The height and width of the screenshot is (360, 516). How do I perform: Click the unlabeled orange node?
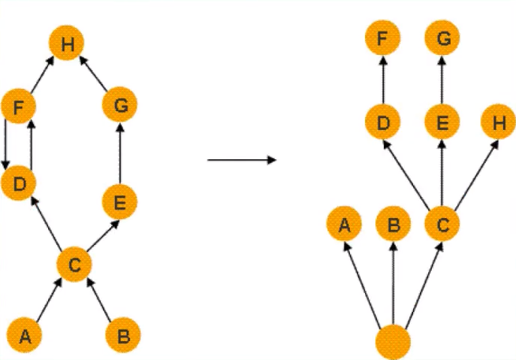click(393, 342)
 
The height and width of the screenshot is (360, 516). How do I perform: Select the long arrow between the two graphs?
click(242, 160)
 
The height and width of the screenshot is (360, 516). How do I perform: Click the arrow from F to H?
click(42, 74)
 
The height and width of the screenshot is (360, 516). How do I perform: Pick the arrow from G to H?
click(93, 74)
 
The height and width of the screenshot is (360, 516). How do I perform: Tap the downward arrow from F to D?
click(5, 144)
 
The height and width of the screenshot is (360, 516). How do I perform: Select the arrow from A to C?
click(49, 300)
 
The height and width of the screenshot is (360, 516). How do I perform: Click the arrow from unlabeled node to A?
click(362, 286)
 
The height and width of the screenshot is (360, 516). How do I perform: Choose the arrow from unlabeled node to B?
click(394, 284)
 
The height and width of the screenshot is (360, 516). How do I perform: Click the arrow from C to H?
click(476, 175)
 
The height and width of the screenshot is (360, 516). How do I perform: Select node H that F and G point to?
click(67, 43)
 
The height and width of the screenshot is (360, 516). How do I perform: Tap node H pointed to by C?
click(498, 122)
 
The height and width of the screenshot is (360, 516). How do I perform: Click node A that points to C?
click(25, 335)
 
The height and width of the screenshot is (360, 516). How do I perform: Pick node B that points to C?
click(122, 335)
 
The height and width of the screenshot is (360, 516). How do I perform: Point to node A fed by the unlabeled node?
click(344, 224)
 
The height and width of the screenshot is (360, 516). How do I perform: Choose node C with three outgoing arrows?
click(442, 224)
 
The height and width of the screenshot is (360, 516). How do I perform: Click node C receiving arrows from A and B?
click(74, 264)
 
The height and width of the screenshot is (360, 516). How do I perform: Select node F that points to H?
click(19, 106)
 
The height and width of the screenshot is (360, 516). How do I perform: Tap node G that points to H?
click(119, 104)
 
